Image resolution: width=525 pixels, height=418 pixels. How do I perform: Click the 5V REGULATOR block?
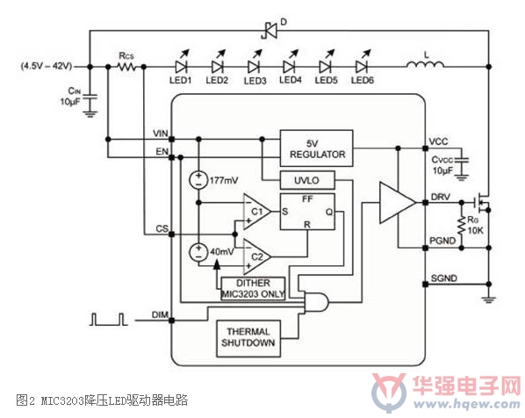click(x=316, y=148)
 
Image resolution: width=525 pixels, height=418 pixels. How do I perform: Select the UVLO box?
click(x=307, y=181)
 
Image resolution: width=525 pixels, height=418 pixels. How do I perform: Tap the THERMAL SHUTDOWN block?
click(x=248, y=338)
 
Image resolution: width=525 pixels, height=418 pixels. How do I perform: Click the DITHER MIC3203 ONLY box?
click(x=253, y=288)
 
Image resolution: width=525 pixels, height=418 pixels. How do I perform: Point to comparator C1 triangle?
click(x=256, y=212)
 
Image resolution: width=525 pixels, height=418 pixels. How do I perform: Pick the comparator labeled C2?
click(x=256, y=257)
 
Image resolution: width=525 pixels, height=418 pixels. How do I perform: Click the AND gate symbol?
click(x=316, y=302)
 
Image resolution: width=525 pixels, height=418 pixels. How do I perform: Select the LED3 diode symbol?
click(x=254, y=67)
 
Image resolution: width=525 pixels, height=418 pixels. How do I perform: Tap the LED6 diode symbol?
click(x=362, y=67)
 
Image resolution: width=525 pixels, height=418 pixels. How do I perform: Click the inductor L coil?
click(x=426, y=65)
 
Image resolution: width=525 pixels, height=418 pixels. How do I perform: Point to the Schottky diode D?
click(x=270, y=31)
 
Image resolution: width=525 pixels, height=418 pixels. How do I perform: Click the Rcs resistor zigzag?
click(x=126, y=67)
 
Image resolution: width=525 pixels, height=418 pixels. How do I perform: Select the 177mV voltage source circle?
click(x=198, y=180)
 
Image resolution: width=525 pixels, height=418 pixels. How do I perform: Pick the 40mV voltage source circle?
click(x=198, y=252)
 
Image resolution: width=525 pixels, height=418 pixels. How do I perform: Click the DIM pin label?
click(x=160, y=315)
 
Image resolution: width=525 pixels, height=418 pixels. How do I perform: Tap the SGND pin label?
click(x=443, y=278)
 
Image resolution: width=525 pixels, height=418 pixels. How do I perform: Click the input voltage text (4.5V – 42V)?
click(x=47, y=66)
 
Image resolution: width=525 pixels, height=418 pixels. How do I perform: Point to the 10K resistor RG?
click(x=462, y=226)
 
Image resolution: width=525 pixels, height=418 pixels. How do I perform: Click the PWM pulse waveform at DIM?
click(x=109, y=319)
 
